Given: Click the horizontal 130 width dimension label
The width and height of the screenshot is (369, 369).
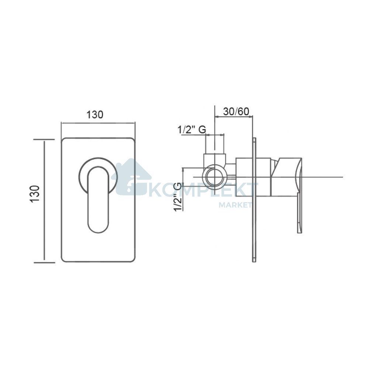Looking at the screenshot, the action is coord(95,115).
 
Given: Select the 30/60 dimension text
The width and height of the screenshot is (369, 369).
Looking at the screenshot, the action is coord(236,111).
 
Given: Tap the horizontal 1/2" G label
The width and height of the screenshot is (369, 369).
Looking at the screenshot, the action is coord(192,130).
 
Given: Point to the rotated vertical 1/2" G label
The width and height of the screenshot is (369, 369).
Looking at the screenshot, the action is coord(178,197).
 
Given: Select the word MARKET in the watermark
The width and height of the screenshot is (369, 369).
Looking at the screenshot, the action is coord(235,205).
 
